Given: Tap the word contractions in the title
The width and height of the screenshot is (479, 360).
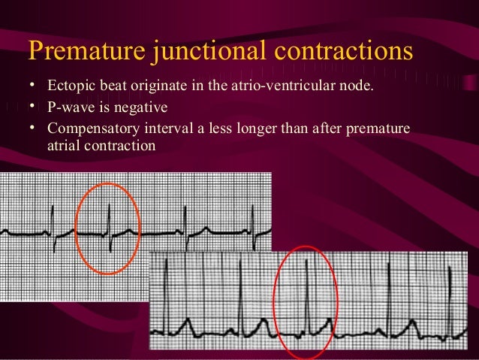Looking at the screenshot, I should pos(342,50).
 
